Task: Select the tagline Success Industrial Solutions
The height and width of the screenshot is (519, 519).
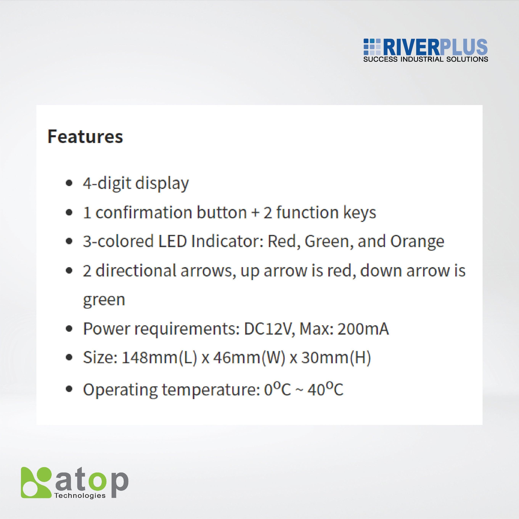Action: click(x=426, y=59)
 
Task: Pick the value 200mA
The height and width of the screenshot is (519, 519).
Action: click(x=363, y=329)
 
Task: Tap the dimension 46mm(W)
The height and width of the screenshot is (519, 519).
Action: click(x=249, y=358)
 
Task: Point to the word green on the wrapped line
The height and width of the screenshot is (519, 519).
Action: click(x=104, y=300)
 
